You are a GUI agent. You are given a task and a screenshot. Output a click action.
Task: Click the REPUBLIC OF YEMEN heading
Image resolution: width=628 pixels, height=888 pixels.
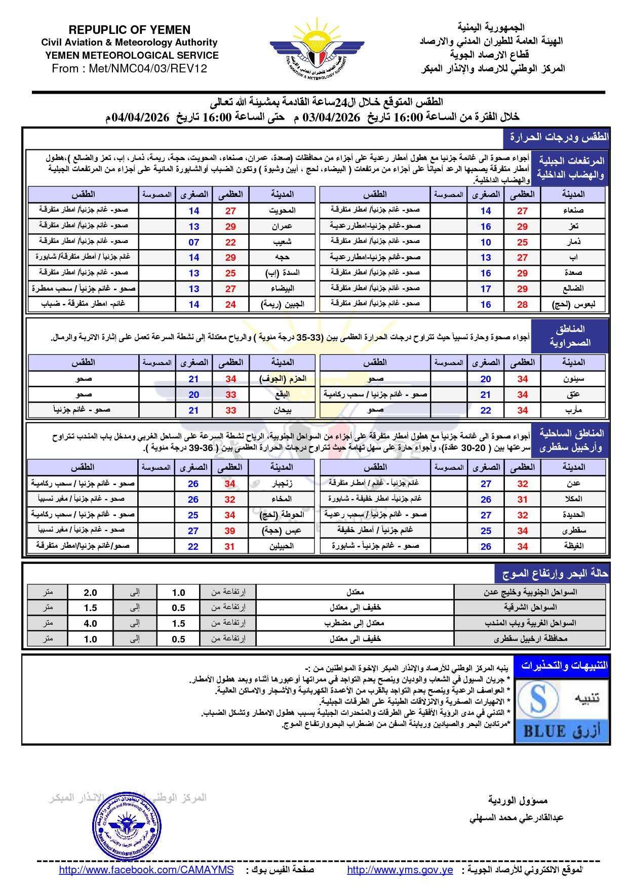[129, 30]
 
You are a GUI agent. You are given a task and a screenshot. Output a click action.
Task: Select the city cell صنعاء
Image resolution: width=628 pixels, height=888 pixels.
[573, 211]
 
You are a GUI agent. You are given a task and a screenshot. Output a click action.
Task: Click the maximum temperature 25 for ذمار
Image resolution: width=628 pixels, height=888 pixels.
[522, 242]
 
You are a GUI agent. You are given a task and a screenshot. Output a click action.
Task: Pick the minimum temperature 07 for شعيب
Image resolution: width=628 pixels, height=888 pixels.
[194, 242]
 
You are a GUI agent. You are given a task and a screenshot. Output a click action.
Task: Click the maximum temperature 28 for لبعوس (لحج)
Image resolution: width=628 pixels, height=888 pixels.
[522, 304]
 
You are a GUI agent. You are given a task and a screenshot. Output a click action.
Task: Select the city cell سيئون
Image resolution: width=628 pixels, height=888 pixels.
[573, 379]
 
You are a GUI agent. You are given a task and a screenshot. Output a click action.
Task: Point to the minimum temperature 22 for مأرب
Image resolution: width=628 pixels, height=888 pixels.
[486, 410]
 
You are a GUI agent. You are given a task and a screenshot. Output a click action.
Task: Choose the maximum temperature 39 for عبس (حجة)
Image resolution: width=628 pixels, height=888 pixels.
[230, 531]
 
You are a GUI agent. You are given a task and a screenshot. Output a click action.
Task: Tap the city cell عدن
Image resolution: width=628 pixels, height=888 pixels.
[573, 483]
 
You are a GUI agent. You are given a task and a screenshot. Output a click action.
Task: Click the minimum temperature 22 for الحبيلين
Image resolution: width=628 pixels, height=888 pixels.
[193, 546]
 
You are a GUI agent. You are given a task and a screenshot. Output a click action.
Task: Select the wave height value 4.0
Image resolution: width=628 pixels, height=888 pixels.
[90, 623]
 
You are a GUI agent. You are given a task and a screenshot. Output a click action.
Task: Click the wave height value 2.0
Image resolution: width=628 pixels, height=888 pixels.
[90, 592]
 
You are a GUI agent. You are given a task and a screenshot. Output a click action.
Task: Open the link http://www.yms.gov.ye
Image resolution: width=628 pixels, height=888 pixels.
[400, 870]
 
